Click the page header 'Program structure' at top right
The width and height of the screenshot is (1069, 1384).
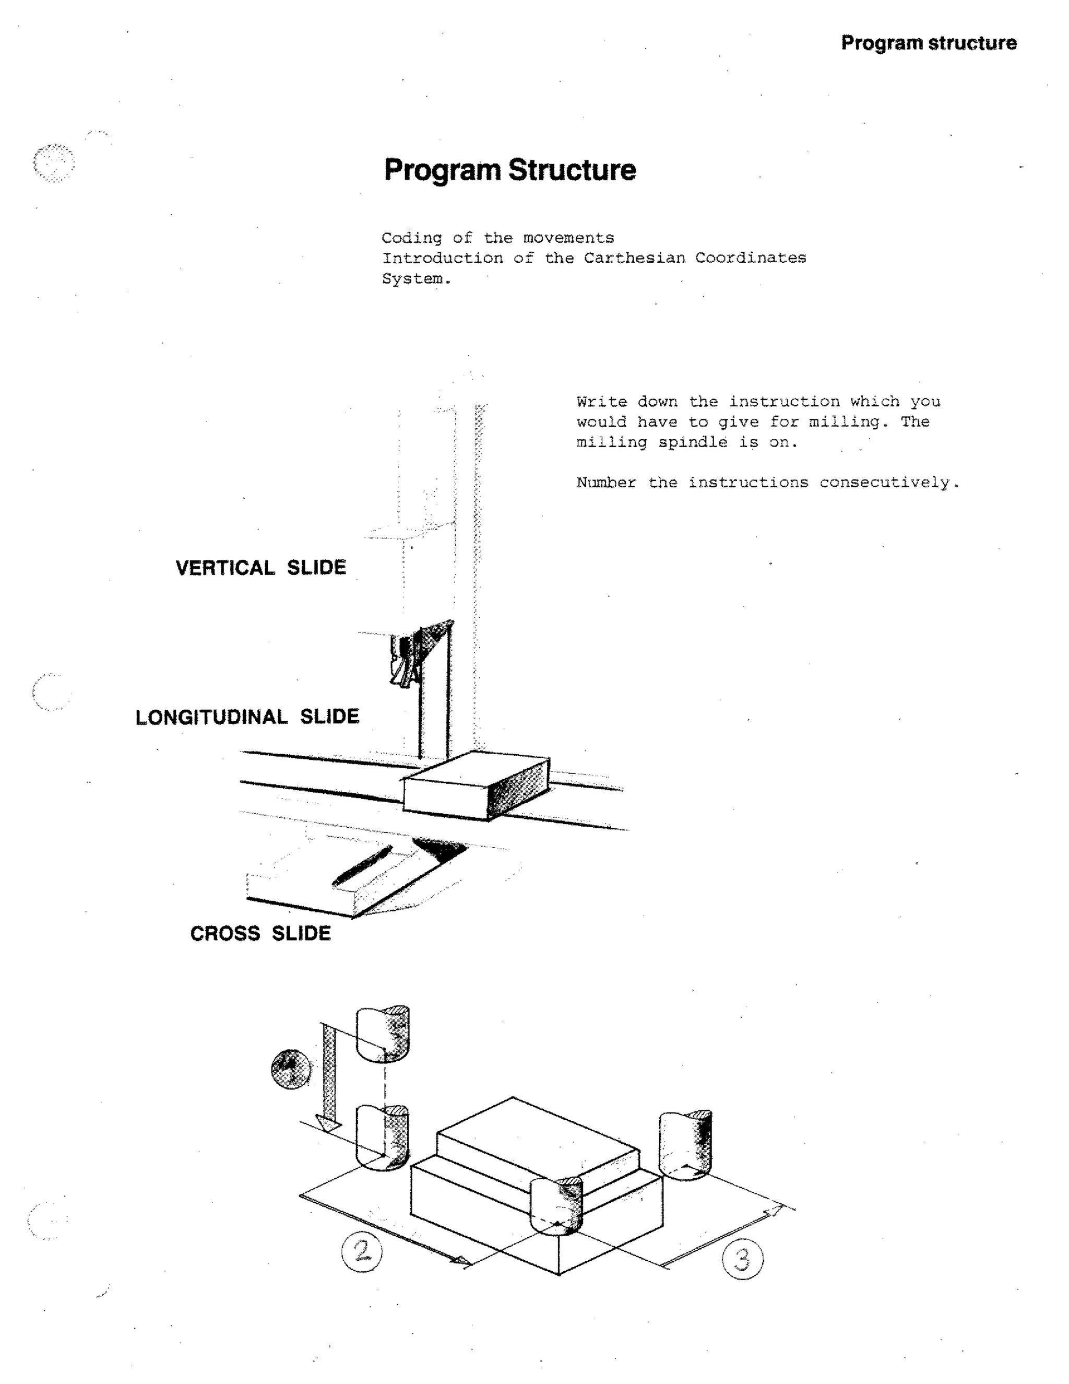coord(929,43)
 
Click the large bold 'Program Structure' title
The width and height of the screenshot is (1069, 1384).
coord(510,170)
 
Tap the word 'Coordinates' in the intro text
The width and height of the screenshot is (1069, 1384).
coord(751,258)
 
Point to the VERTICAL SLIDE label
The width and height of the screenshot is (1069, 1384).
coord(261,567)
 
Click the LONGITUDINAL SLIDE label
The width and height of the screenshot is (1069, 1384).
coord(247,717)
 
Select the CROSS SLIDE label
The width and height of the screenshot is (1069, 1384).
coord(260,933)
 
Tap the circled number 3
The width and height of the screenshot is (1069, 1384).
coord(742,1259)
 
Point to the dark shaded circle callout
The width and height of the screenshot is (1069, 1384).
coord(291,1069)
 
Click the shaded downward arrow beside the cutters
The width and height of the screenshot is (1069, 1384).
coord(330,1077)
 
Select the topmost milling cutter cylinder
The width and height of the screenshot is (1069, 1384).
coord(382,1033)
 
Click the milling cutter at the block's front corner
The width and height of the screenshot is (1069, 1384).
coord(555,1205)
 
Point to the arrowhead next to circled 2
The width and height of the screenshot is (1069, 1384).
coord(461,1262)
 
